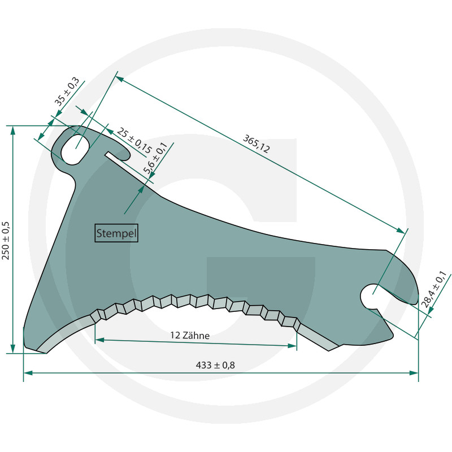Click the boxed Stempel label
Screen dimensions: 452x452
click(116, 233)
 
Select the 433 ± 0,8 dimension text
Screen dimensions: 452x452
click(215, 365)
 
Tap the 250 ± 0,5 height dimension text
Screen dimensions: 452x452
click(6, 241)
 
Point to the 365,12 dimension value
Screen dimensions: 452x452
click(257, 144)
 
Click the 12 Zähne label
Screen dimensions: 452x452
click(190, 335)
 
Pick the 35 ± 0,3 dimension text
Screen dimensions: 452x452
click(67, 92)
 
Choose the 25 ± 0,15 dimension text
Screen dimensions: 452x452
click(134, 141)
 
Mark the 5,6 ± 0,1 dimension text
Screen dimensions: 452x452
click(155, 158)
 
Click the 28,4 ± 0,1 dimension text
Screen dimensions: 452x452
click(434, 289)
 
